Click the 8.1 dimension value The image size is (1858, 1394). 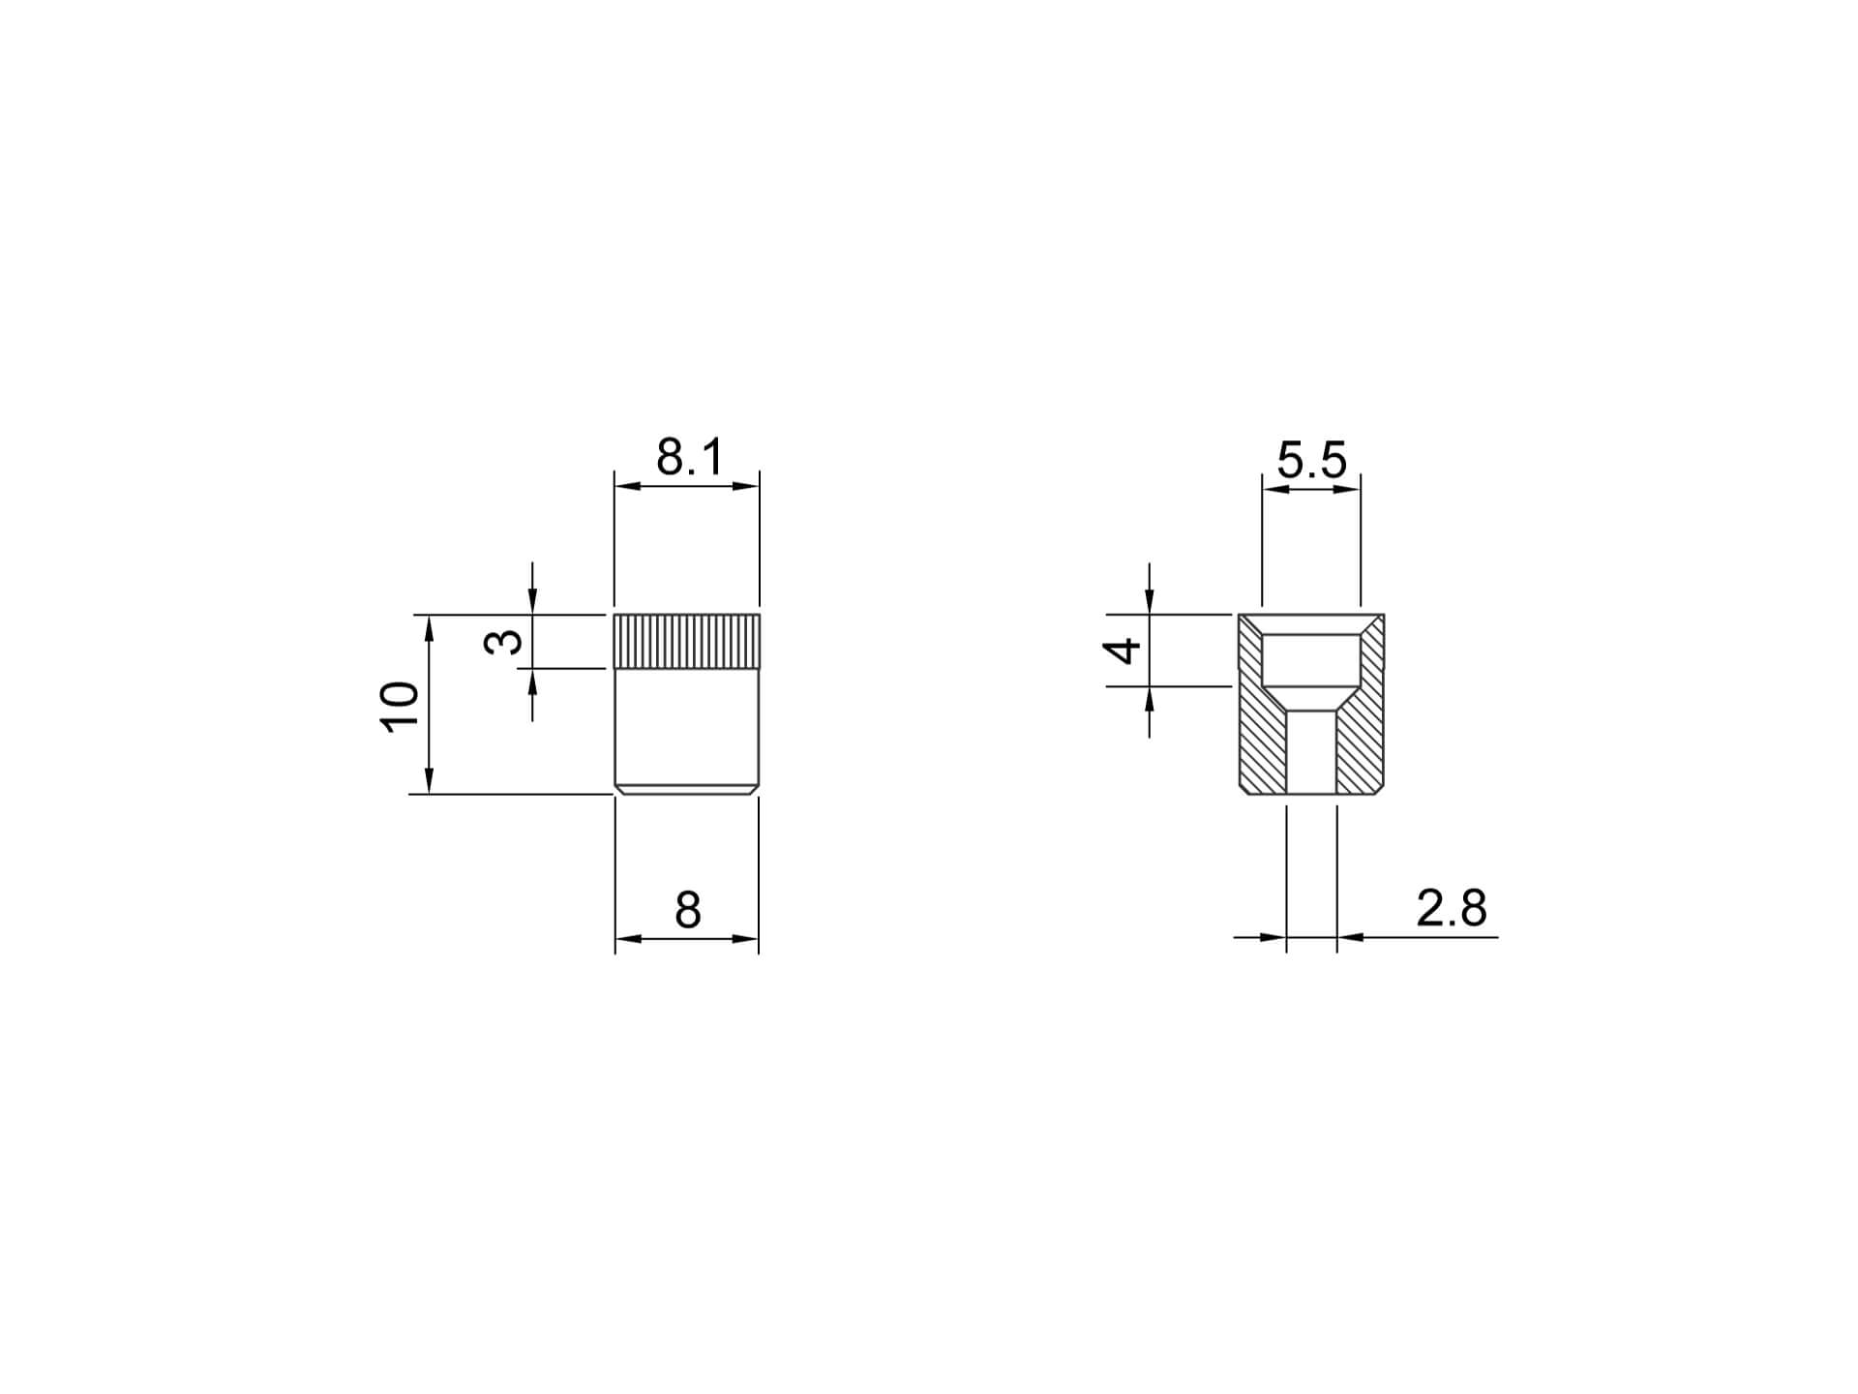(x=689, y=457)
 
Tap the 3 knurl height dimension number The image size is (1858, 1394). (x=503, y=642)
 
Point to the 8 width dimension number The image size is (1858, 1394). (x=687, y=910)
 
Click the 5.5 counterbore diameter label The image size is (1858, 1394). (x=1311, y=460)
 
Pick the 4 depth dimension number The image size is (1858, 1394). (x=1123, y=651)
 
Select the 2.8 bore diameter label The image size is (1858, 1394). (x=1452, y=909)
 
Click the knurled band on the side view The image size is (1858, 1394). (x=687, y=641)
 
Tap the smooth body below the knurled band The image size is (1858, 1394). (x=687, y=726)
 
